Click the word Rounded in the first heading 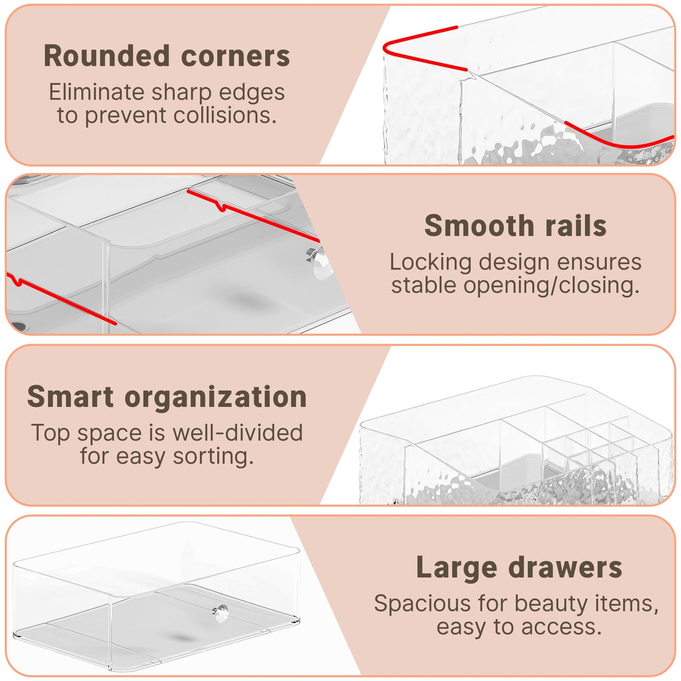tap(107, 56)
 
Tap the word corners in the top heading tap(235, 57)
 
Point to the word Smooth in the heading tap(478, 226)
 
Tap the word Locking tap(430, 263)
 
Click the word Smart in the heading tap(70, 396)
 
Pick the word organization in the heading tap(215, 397)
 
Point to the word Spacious tap(422, 604)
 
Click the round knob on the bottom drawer tap(220, 614)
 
